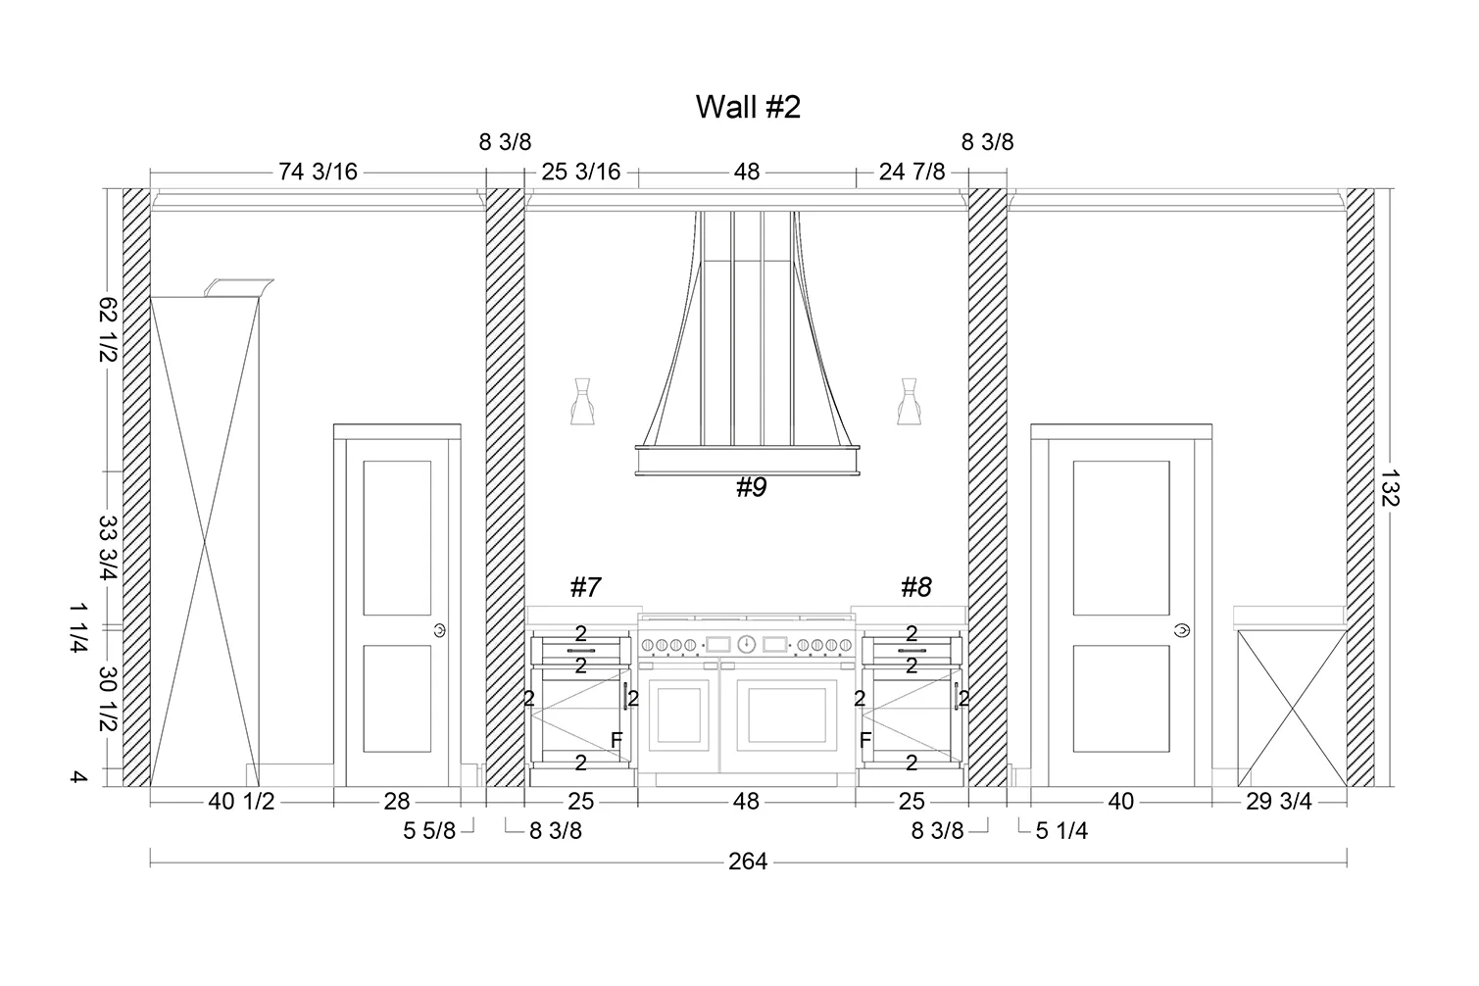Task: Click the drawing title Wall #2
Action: pyautogui.click(x=748, y=106)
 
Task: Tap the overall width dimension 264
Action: pyautogui.click(x=748, y=862)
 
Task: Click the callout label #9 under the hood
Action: pyautogui.click(x=752, y=487)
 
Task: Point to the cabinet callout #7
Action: pyautogui.click(x=586, y=586)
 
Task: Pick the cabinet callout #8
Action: pyautogui.click(x=916, y=586)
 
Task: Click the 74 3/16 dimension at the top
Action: pyautogui.click(x=318, y=172)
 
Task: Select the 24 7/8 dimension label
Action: pyautogui.click(x=912, y=172)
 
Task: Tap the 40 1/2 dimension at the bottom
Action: pyautogui.click(x=241, y=801)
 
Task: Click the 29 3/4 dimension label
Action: pyautogui.click(x=1279, y=801)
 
